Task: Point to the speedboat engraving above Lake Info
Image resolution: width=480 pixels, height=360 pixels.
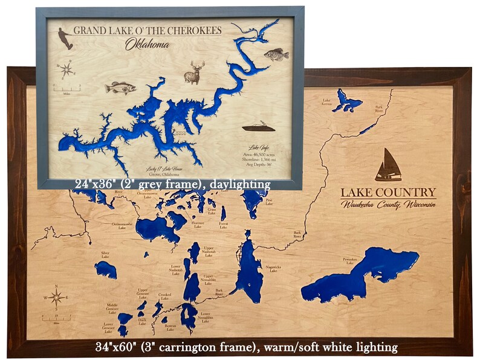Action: click(259, 127)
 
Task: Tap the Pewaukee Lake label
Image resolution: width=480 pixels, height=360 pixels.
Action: click(351, 260)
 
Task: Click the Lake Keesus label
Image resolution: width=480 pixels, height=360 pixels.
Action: click(326, 102)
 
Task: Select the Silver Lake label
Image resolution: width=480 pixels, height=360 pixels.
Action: click(105, 255)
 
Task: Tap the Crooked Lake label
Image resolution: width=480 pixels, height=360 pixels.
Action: click(164, 296)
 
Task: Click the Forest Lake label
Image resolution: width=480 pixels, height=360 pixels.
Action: click(224, 225)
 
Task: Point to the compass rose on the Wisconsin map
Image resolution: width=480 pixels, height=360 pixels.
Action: click(56, 298)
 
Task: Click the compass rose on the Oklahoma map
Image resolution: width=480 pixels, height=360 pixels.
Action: click(66, 69)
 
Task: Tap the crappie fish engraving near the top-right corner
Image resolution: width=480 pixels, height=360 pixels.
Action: click(276, 55)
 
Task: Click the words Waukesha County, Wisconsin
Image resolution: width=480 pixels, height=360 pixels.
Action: click(388, 205)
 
